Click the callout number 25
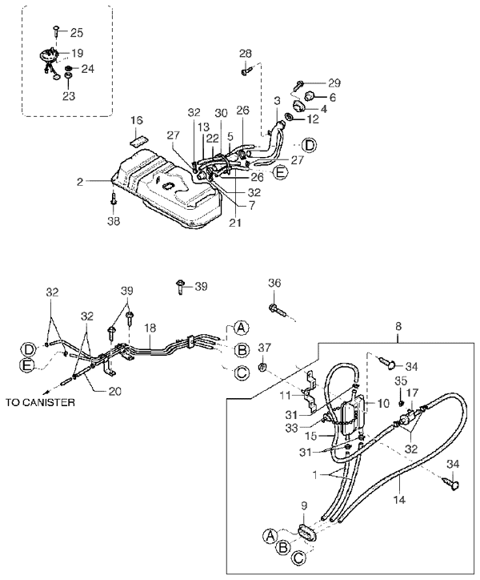tap(76, 33)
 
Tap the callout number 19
tap(77, 53)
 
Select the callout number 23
tap(69, 95)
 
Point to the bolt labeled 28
tap(245, 72)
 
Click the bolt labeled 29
tap(300, 83)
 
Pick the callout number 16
tap(137, 120)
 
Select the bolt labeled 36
tap(277, 307)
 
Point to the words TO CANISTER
tap(40, 402)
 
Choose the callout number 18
tap(149, 328)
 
